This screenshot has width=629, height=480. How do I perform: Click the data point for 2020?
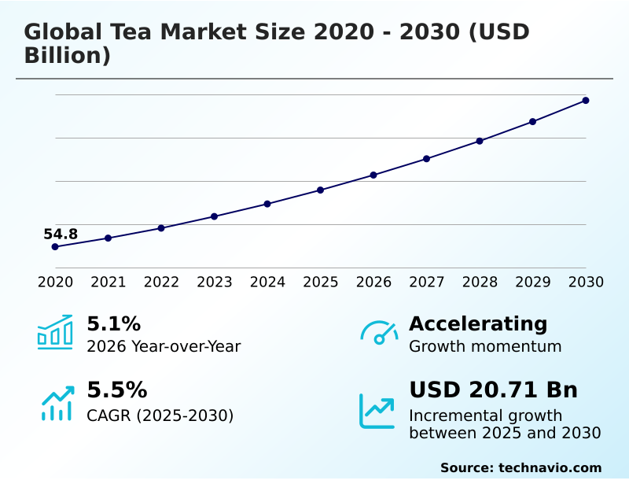click(x=55, y=246)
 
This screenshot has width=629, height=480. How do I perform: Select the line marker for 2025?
click(x=321, y=190)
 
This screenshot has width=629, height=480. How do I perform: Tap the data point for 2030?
click(x=586, y=101)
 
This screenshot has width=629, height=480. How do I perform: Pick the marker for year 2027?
click(x=427, y=159)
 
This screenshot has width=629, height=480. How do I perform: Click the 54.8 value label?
click(x=61, y=234)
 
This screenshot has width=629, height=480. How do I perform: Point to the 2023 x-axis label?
click(x=215, y=282)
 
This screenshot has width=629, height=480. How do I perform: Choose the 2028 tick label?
click(x=480, y=282)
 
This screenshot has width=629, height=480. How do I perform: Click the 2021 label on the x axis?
click(x=109, y=282)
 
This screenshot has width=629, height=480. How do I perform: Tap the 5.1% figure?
click(x=113, y=323)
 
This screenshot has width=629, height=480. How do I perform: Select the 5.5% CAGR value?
click(x=116, y=390)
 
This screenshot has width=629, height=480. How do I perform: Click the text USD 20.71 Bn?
click(x=493, y=390)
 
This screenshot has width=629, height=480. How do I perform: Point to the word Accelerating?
click(x=478, y=323)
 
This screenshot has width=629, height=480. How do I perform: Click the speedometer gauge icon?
click(x=379, y=332)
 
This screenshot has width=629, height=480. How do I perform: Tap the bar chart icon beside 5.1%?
click(x=55, y=332)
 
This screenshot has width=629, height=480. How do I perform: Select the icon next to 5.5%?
click(x=57, y=403)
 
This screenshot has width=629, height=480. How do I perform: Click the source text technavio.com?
click(x=550, y=467)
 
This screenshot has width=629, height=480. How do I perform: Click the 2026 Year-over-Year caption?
click(x=164, y=346)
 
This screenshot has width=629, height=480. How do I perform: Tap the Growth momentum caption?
click(x=485, y=346)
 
